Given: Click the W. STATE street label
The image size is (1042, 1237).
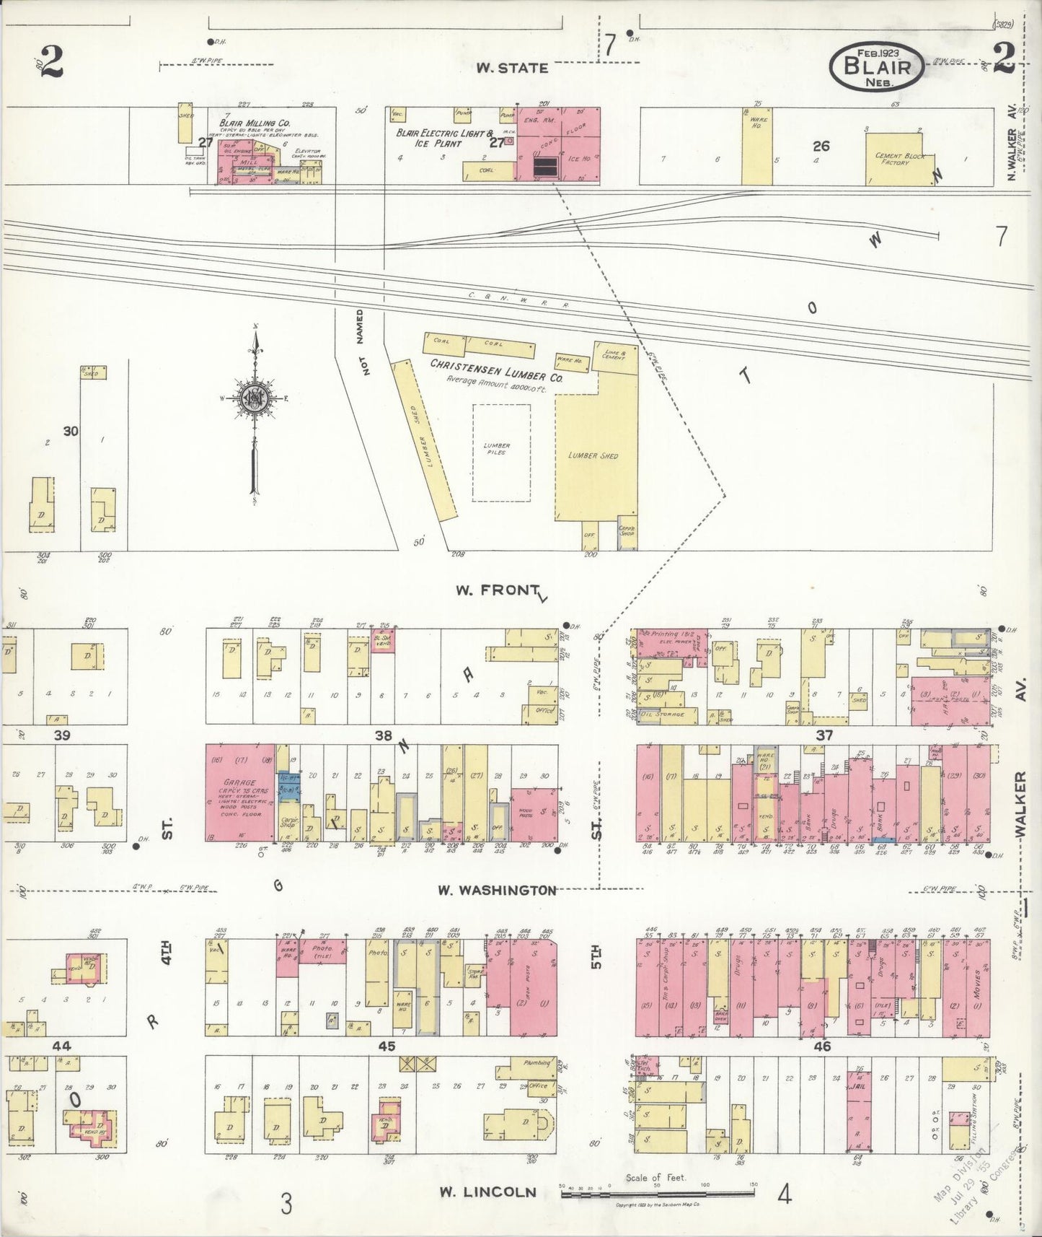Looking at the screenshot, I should pos(512,68).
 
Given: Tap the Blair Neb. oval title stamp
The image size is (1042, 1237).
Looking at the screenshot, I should pos(877,66).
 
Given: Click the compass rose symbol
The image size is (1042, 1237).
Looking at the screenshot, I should pos(255,398).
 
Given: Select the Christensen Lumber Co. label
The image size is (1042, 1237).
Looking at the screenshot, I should pos(496,365).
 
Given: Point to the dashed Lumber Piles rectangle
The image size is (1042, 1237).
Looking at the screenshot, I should pos(501,452).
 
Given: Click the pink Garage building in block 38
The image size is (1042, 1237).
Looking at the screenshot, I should pos(240,792).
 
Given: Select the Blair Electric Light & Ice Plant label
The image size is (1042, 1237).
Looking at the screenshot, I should pos(445,139).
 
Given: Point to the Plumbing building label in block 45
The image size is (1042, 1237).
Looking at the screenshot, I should pos(537,1063).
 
